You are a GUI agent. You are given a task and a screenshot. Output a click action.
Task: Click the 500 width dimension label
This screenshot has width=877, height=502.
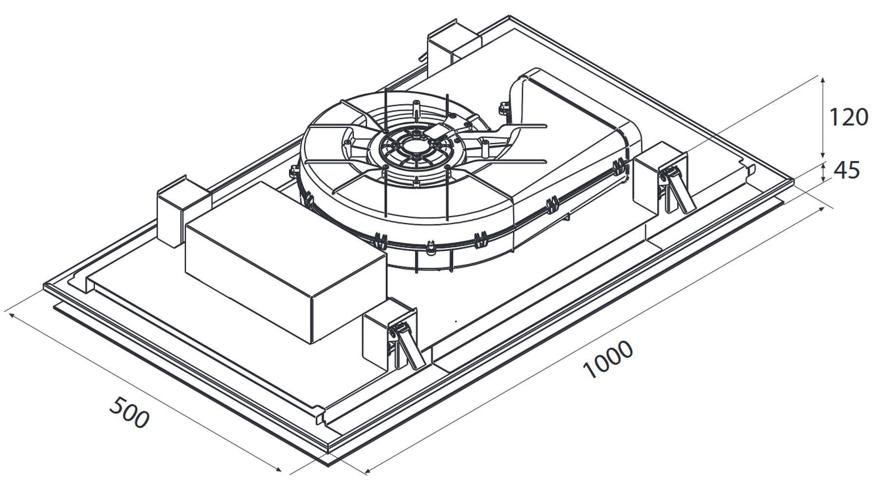click(129, 412)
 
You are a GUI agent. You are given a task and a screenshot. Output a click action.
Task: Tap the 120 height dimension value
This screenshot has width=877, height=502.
click(848, 117)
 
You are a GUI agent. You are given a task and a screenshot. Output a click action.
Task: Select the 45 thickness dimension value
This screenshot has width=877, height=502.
click(847, 170)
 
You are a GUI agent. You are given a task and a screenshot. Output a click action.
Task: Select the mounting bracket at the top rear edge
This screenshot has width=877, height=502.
click(453, 45)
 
